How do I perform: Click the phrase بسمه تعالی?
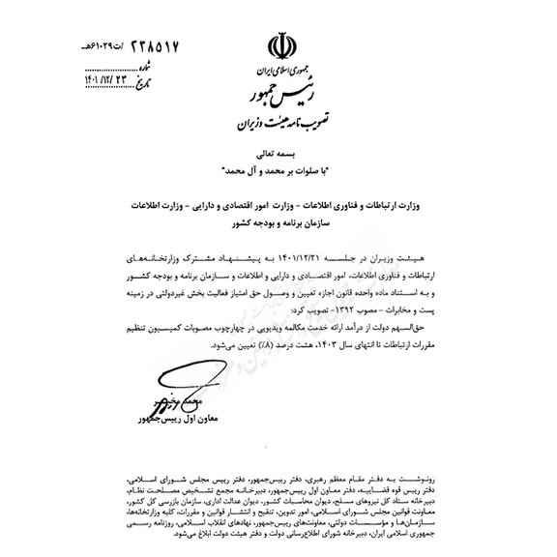click(278, 154)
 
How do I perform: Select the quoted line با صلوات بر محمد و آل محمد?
click(278, 170)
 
